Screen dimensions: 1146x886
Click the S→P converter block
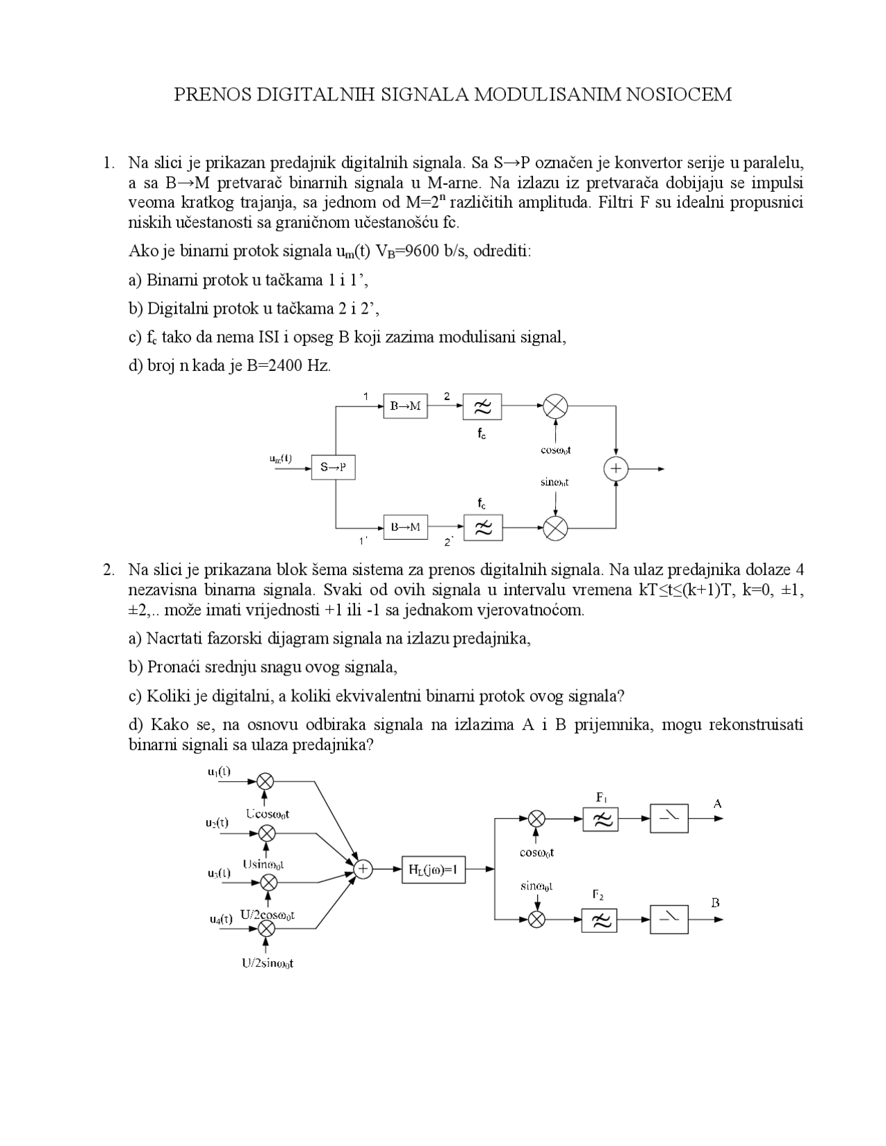pyautogui.click(x=333, y=467)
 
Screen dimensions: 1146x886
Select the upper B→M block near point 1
pyautogui.click(x=406, y=406)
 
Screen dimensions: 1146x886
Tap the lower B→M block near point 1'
pyautogui.click(x=406, y=527)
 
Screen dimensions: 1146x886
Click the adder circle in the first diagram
pyautogui.click(x=615, y=469)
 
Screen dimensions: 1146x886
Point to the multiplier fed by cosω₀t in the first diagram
pyautogui.click(x=555, y=406)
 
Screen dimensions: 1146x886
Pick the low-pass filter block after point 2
pyautogui.click(x=482, y=407)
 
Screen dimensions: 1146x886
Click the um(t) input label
pyautogui.click(x=280, y=458)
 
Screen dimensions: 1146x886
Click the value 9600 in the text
pyautogui.click(x=423, y=251)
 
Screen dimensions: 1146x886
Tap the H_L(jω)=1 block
pyautogui.click(x=433, y=869)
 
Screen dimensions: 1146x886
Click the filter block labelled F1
pyautogui.click(x=600, y=819)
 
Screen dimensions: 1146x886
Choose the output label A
pyautogui.click(x=717, y=803)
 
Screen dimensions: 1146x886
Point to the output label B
pyautogui.click(x=716, y=902)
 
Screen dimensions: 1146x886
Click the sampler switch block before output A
pyautogui.click(x=669, y=819)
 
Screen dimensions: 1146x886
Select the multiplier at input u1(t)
pyautogui.click(x=266, y=781)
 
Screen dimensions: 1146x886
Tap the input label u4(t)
pyautogui.click(x=221, y=919)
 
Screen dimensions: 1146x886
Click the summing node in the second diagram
pyautogui.click(x=363, y=869)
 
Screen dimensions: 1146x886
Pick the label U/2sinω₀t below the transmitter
pyautogui.click(x=268, y=963)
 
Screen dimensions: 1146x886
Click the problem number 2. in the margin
pyautogui.click(x=109, y=570)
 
